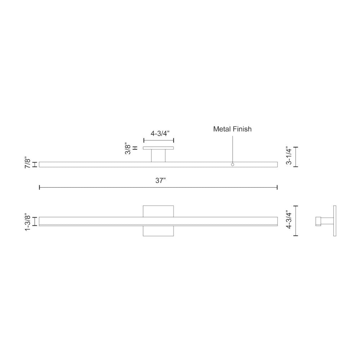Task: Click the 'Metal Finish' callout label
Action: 232,129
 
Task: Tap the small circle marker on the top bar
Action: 233,165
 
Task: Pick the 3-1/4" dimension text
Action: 288,156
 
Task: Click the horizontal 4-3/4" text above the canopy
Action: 158,134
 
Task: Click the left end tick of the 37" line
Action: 39,187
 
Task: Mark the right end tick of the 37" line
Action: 277,187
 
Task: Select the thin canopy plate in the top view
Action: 158,148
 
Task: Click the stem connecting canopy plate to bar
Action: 158,156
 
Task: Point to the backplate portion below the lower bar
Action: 158,231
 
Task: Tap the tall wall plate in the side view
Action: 334,221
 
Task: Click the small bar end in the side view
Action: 318,221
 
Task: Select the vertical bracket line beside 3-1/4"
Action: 296,157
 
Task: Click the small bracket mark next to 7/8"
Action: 35,165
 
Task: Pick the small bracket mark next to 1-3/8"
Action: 35,221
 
